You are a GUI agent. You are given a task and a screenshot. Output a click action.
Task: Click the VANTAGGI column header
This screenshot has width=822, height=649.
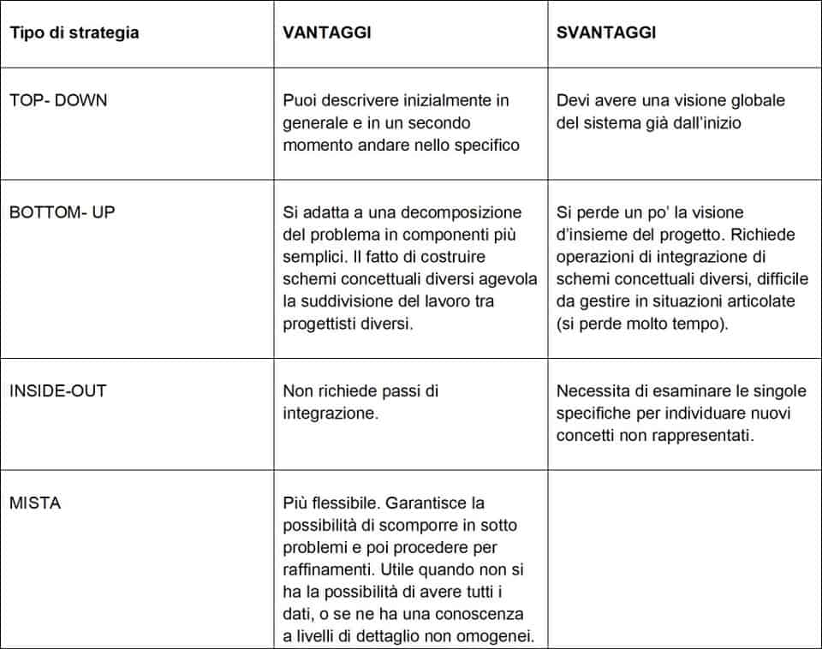(327, 33)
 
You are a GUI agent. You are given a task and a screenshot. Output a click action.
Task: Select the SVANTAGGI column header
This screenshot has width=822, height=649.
(606, 33)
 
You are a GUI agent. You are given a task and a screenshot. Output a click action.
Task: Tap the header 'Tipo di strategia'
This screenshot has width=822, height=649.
(74, 33)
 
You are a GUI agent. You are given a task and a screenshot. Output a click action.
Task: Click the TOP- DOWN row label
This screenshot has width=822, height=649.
(58, 100)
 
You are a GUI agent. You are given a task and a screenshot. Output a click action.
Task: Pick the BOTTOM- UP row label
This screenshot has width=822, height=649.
(62, 212)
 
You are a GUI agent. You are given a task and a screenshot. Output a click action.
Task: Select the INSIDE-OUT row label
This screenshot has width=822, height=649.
(58, 391)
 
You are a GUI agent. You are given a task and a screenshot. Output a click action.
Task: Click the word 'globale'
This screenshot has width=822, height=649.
(755, 100)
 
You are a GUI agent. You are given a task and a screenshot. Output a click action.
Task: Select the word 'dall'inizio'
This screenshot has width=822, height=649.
(702, 122)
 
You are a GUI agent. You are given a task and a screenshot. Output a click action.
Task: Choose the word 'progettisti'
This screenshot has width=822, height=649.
(322, 324)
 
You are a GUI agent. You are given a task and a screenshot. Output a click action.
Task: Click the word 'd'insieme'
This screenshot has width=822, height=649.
(594, 235)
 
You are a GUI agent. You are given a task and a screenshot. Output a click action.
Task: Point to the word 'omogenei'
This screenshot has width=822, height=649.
(499, 636)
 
